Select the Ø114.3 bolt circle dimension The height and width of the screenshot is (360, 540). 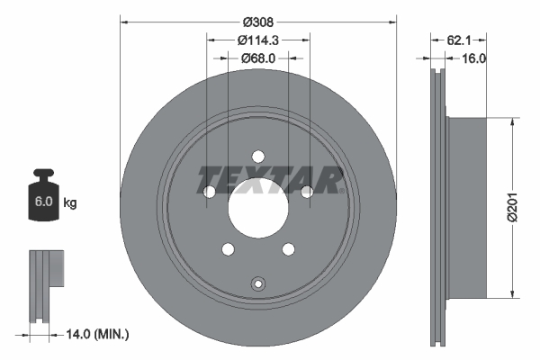259,40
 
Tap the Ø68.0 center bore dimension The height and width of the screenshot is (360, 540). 259,58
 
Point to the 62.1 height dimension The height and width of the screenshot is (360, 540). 460,40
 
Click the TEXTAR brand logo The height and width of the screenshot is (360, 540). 271,180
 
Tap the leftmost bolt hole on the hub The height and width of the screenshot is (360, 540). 210,192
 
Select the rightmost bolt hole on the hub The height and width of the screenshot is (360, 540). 306,191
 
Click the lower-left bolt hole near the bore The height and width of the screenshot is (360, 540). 228,249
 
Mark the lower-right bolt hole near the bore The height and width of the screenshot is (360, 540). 288,249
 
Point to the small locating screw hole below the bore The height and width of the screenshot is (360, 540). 257,283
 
